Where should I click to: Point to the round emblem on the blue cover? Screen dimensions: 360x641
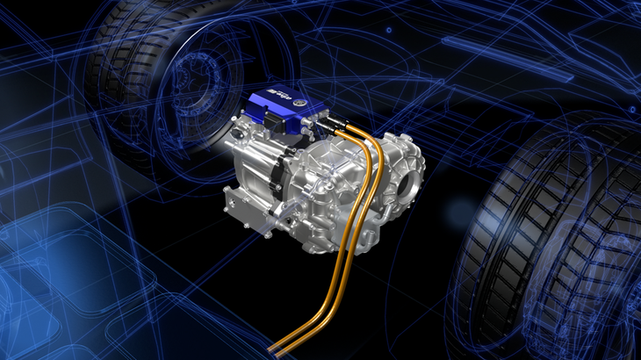coord(302,103)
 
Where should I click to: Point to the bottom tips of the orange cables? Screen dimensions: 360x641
coord(279,349)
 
